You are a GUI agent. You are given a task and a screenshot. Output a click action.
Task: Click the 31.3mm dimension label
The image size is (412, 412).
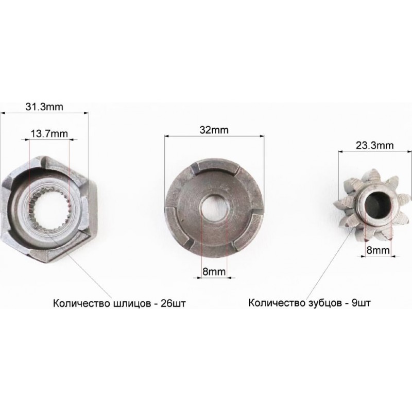tap(44, 107)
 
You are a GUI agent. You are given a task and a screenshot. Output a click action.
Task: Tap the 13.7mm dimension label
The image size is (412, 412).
tap(49, 133)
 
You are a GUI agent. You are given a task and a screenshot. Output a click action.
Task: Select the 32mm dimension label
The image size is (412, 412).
tap(214, 130)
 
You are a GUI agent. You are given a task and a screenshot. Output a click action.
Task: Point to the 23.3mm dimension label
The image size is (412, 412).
tap(375, 145)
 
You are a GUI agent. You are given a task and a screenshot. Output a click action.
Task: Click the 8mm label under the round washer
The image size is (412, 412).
tap(214, 271)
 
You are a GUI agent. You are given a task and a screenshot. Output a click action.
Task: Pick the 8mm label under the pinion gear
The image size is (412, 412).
tap(378, 250)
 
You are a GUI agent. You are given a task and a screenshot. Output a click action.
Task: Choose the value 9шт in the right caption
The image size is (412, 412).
tap(362, 303)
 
